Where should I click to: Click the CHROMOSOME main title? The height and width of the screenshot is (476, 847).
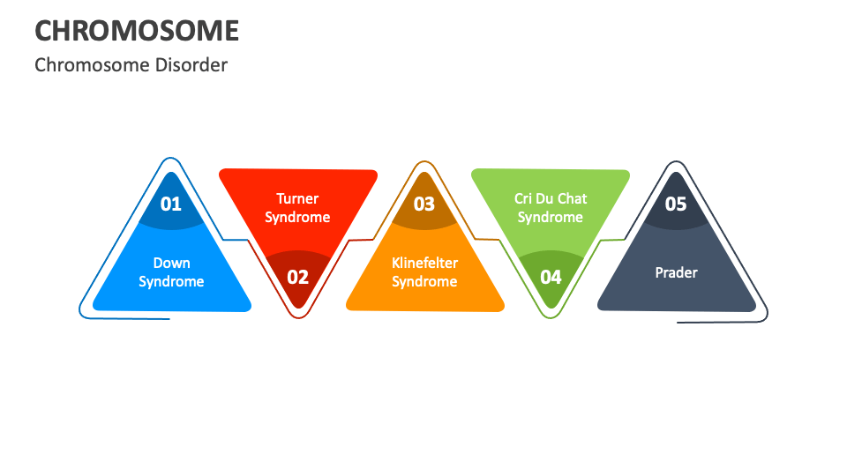point(137,31)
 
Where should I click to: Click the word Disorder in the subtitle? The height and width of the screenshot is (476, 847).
point(191,64)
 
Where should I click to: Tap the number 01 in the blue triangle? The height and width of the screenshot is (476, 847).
point(170,204)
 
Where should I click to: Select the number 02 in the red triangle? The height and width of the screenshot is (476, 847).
point(297,278)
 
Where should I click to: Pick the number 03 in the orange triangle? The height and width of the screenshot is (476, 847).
point(424,204)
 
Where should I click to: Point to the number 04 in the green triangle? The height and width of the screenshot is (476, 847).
point(551,278)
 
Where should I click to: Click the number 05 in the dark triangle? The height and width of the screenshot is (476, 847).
point(676,204)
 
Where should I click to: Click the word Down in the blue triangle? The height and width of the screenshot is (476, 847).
point(172,263)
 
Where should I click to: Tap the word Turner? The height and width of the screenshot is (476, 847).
point(297,198)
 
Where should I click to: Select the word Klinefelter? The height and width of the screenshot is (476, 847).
point(424,263)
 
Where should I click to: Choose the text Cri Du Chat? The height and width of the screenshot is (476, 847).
point(551,198)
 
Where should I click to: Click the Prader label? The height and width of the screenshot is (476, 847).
point(677,272)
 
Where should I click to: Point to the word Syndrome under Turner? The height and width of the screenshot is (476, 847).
point(297,218)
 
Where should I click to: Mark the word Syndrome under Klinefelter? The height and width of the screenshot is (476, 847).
point(424,282)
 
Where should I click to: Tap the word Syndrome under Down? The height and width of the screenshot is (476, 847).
point(171,282)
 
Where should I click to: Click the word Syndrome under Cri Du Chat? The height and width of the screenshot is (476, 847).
point(551,218)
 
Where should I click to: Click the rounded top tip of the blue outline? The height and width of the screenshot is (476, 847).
point(170,158)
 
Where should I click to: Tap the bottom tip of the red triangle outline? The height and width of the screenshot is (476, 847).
point(298,317)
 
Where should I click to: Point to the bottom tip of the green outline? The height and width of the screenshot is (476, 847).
point(551,317)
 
